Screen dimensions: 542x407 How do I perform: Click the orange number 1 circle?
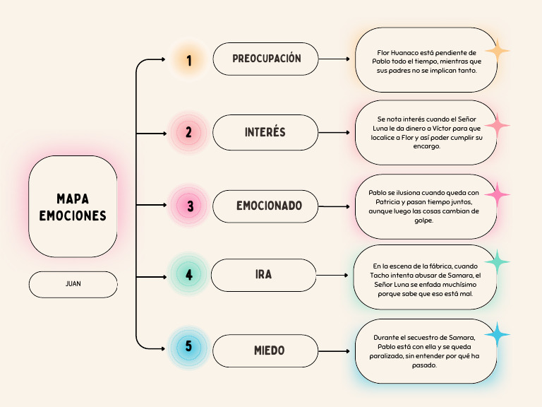tap(189, 59)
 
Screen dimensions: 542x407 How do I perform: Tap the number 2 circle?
tap(188, 132)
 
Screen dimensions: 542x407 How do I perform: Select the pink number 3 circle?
tap(188, 206)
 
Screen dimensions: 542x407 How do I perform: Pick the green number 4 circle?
tap(188, 274)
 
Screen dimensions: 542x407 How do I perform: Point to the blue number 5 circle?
tap(188, 347)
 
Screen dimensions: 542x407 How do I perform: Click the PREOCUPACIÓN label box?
tap(265, 59)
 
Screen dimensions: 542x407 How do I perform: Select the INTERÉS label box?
tap(265, 132)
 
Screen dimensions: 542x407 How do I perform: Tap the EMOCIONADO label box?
tap(265, 206)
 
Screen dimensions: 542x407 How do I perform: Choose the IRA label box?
tap(263, 275)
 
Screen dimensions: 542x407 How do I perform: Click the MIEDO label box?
tap(265, 350)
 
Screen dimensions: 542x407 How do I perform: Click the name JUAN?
tap(73, 284)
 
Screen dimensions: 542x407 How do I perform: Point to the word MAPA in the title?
tap(73, 199)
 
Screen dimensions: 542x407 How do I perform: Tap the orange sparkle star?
tap(498, 51)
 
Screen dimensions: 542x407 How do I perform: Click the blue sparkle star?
tap(498, 334)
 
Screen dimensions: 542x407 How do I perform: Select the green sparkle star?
tap(498, 262)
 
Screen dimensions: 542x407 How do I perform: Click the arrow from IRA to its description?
tap(332, 275)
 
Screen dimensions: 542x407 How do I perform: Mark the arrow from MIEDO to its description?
tap(335, 351)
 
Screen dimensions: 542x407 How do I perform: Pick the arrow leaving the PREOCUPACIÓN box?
tap(335, 59)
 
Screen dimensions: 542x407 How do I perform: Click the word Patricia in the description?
tap(388, 202)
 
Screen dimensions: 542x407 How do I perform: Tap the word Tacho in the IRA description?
tap(379, 275)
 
